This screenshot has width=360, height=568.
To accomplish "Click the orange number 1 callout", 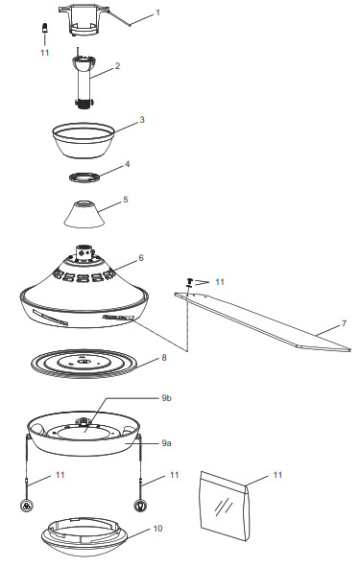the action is pyautogui.click(x=159, y=13).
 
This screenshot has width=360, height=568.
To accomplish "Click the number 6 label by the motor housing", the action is pyautogui.click(x=141, y=257).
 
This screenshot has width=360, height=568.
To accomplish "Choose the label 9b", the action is pyautogui.click(x=166, y=397).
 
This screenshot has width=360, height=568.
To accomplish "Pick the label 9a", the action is pyautogui.click(x=166, y=443).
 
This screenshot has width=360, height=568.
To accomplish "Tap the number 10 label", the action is pyautogui.click(x=158, y=528).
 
